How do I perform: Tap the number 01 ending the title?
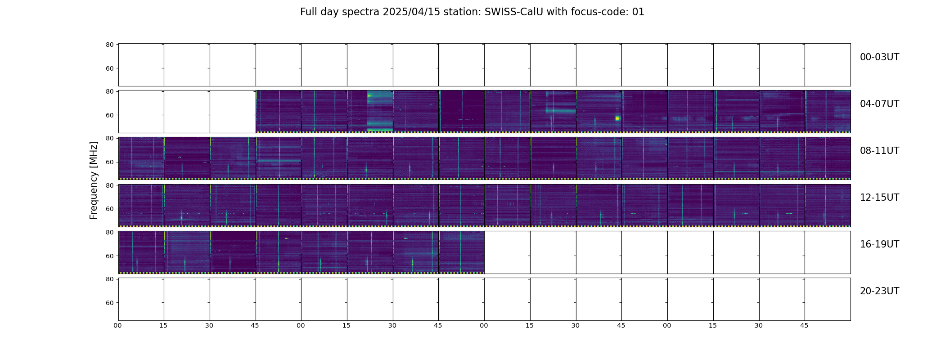click(639, 12)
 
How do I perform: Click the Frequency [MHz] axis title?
click(94, 180)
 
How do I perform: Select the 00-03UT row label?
click(879, 57)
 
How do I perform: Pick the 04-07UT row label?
click(879, 104)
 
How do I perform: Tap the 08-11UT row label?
click(879, 151)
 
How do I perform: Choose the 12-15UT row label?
click(879, 198)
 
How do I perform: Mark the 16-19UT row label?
click(879, 244)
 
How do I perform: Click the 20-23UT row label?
click(879, 291)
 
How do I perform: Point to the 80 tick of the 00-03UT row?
click(109, 45)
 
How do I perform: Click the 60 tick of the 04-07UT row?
click(109, 115)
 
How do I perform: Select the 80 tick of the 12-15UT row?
click(109, 185)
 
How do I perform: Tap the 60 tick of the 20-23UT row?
click(109, 303)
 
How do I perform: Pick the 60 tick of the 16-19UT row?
click(109, 256)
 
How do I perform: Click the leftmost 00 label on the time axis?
click(117, 325)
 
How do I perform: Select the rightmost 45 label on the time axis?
click(804, 325)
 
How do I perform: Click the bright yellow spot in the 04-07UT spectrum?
click(617, 118)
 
